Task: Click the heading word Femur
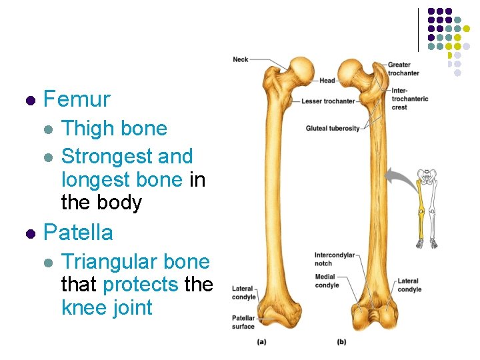77,100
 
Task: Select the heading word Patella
78,233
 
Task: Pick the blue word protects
141,285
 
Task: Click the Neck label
241,59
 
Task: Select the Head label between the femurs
327,81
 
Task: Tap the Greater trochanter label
403,69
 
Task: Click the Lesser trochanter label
328,101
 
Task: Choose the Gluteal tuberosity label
333,128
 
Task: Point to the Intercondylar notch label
335,259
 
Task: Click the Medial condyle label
327,281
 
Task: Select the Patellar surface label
243,322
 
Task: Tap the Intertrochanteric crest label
409,99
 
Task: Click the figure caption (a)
262,343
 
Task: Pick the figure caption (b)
341,343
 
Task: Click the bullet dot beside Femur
29,101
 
